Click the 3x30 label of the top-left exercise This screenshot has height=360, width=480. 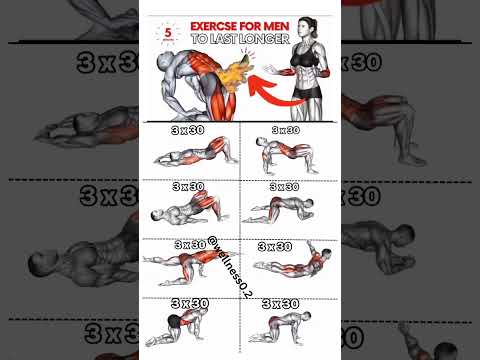point(187,130)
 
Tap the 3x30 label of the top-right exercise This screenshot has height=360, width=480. point(284,130)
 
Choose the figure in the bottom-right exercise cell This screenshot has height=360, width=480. point(286,325)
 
